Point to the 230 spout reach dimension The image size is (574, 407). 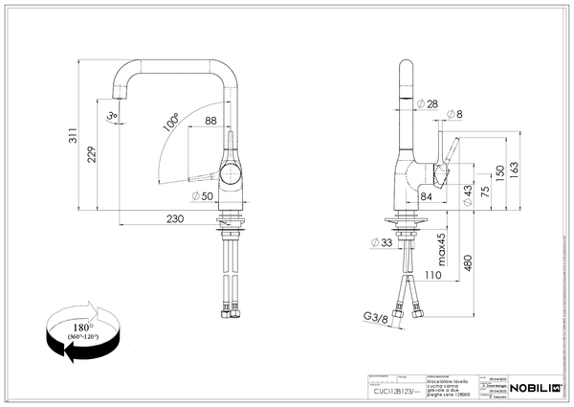[174, 219]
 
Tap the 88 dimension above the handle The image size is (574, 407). [210, 120]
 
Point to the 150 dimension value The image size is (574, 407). [499, 174]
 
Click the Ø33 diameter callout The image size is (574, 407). [381, 243]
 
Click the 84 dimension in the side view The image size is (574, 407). [425, 197]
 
